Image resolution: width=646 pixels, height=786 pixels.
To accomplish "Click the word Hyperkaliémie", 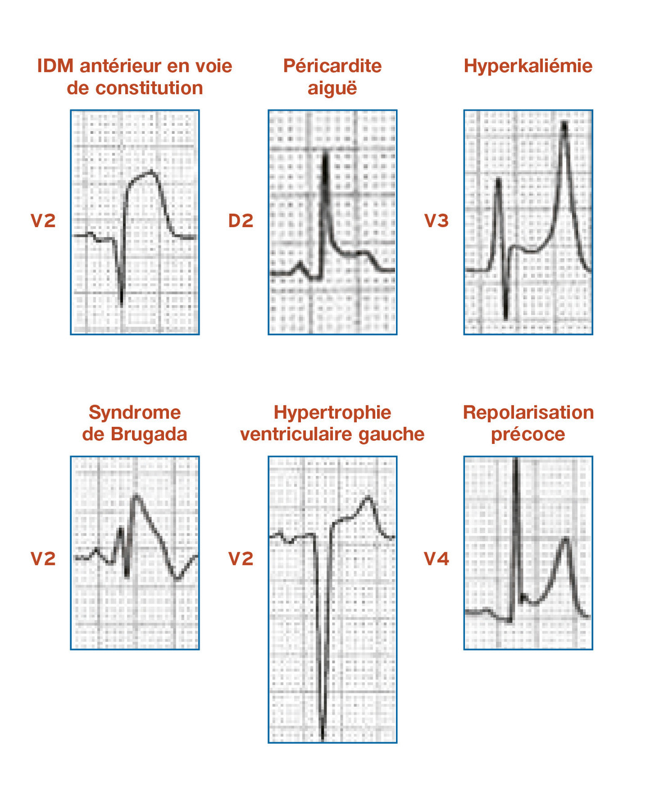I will click(x=528, y=66).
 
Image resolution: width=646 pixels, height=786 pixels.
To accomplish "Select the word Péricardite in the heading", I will click(x=332, y=66).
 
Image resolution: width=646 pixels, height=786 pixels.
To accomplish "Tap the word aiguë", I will click(x=332, y=88).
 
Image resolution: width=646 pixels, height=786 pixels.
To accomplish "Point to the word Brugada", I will click(x=149, y=435).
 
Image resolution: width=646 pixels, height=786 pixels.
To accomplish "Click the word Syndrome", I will click(x=134, y=413).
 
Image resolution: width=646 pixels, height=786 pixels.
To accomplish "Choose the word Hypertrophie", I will click(x=332, y=413).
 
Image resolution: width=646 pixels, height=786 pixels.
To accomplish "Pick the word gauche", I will click(x=392, y=435).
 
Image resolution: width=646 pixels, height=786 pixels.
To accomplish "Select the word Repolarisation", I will click(x=528, y=413).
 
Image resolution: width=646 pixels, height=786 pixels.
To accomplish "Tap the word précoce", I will click(x=528, y=435).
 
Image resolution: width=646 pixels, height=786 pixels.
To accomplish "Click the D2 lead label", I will click(x=241, y=221).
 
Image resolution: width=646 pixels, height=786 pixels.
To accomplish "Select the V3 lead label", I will click(x=437, y=221).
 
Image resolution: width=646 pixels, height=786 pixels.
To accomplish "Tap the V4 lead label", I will click(x=437, y=559).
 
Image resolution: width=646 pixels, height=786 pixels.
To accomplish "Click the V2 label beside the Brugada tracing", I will click(x=43, y=559).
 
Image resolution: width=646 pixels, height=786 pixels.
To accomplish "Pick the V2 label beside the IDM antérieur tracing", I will click(x=43, y=221).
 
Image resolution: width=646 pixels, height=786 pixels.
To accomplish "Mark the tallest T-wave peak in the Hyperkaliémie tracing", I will click(x=564, y=123).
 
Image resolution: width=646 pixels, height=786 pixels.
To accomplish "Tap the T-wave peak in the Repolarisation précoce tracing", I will click(x=566, y=539).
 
